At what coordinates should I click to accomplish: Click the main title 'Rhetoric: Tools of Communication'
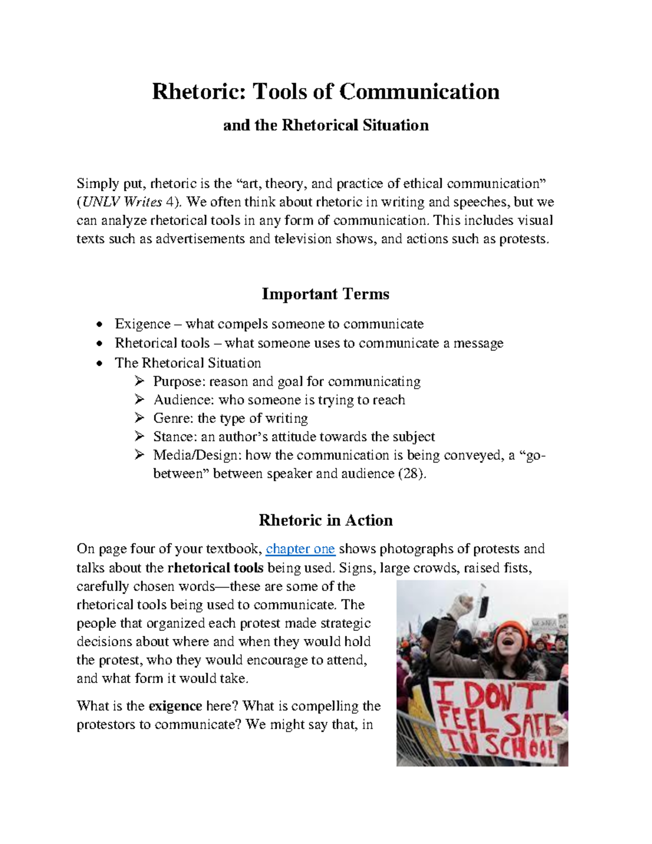click(x=325, y=91)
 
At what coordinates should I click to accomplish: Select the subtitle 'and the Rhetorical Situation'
click(x=326, y=126)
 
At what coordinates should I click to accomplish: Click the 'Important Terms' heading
click(x=325, y=294)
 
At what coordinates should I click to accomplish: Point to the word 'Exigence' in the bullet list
click(x=142, y=324)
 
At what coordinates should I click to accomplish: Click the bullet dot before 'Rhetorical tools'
click(x=98, y=344)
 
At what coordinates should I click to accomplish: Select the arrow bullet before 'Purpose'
click(x=139, y=382)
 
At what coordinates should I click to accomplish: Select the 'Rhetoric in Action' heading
click(x=325, y=521)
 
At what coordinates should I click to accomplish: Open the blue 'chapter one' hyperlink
click(x=300, y=549)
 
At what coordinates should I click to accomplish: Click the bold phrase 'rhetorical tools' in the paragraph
click(x=216, y=568)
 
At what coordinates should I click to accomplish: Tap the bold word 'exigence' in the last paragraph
click(x=175, y=707)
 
